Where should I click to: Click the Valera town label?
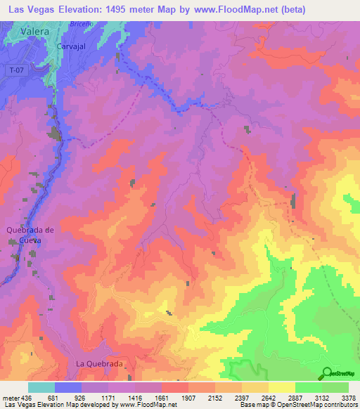tap(35, 32)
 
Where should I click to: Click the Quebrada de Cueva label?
tap(30, 235)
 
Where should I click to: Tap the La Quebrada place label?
tap(99, 364)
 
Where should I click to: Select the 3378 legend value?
tap(348, 397)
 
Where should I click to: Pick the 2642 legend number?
tap(269, 397)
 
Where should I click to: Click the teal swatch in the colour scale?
tap(41, 387)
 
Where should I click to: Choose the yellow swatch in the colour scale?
tap(281, 387)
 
